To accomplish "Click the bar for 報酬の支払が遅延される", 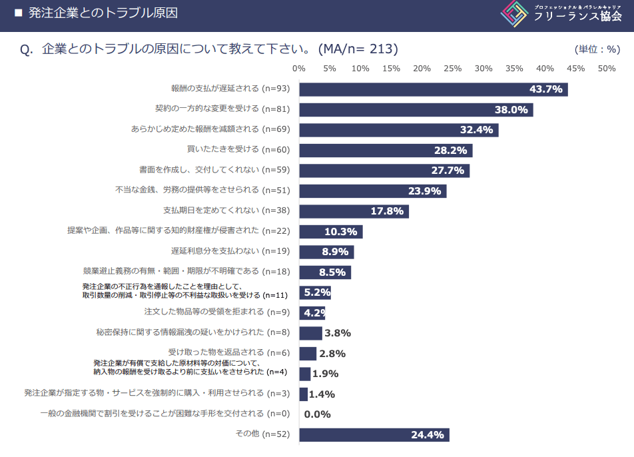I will click(433, 89).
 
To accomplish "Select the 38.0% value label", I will click(511, 110).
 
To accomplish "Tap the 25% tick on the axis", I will click(452, 69).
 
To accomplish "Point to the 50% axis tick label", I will click(606, 69).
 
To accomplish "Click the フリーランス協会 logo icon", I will click(515, 14).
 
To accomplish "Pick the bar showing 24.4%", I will click(374, 435).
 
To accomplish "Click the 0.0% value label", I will click(317, 414).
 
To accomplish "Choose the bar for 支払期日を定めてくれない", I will click(354, 211).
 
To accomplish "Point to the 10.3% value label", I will click(341, 232).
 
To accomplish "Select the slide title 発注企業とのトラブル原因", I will click(103, 13).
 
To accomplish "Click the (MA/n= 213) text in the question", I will click(358, 49).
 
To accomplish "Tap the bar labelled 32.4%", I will click(398, 130).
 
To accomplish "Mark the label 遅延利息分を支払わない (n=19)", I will click(231, 252).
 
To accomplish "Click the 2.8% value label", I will click(332, 354).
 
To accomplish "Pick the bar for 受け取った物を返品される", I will click(307, 354).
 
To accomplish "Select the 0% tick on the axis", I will click(299, 69).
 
